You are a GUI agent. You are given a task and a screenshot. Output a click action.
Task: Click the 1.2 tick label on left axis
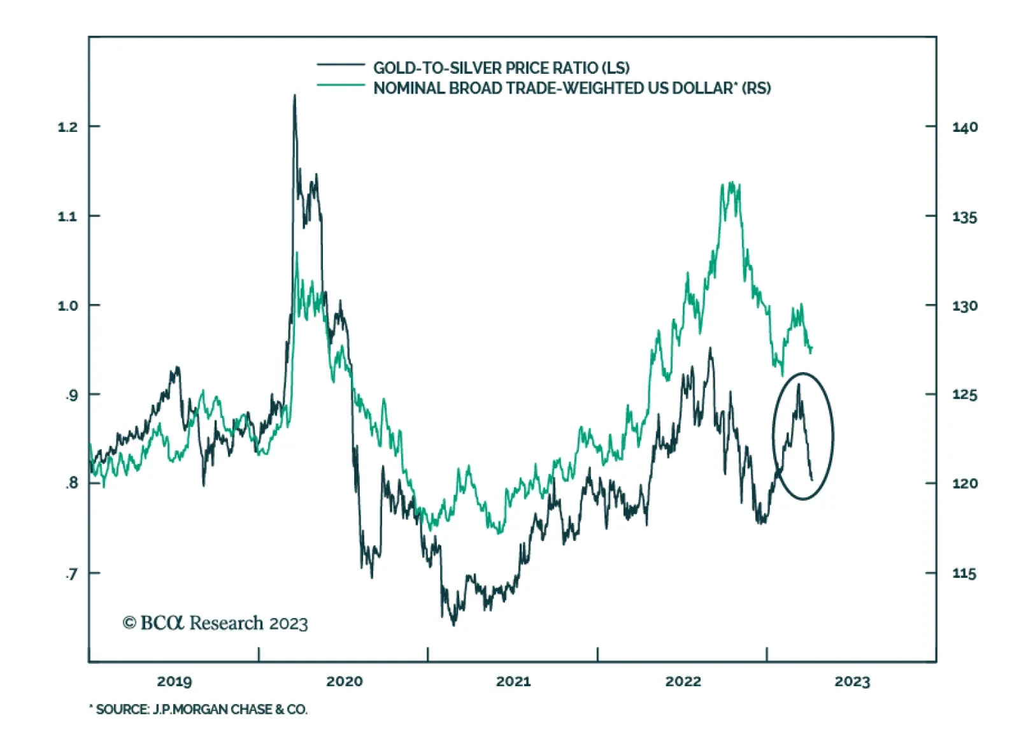coord(67,127)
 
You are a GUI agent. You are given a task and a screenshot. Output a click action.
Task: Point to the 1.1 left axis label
coord(67,217)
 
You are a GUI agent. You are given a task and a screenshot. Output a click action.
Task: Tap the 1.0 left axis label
coord(67,306)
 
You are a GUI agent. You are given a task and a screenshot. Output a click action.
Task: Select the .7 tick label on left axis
coord(71,574)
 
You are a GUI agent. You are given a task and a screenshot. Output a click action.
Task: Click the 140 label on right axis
coord(964,127)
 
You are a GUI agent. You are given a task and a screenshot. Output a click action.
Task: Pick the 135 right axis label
coord(964,217)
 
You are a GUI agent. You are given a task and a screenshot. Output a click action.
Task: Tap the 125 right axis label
coord(964,395)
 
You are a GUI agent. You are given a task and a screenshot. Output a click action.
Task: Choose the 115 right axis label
coord(964,574)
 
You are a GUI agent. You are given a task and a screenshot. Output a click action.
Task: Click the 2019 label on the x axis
coord(174,682)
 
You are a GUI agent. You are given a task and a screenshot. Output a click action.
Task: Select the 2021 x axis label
coord(513,682)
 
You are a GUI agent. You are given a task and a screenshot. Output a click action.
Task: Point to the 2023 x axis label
coord(852,682)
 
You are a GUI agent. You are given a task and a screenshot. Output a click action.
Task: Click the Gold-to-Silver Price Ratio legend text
coord(501,68)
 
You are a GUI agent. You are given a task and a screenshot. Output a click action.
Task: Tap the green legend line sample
coord(341,85)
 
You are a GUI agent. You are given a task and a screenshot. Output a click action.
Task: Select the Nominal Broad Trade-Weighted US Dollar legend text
coord(571,88)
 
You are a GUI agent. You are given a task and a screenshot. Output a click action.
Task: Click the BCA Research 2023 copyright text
coord(215,622)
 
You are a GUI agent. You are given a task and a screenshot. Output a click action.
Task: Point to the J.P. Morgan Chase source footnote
coord(198,709)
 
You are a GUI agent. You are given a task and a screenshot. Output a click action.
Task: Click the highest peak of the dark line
coord(294,96)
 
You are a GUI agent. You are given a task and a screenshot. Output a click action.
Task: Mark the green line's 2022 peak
coord(730,183)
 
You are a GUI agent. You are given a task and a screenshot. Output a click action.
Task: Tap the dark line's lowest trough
coord(453,625)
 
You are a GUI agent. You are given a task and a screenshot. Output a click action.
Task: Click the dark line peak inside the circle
coord(798,384)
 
